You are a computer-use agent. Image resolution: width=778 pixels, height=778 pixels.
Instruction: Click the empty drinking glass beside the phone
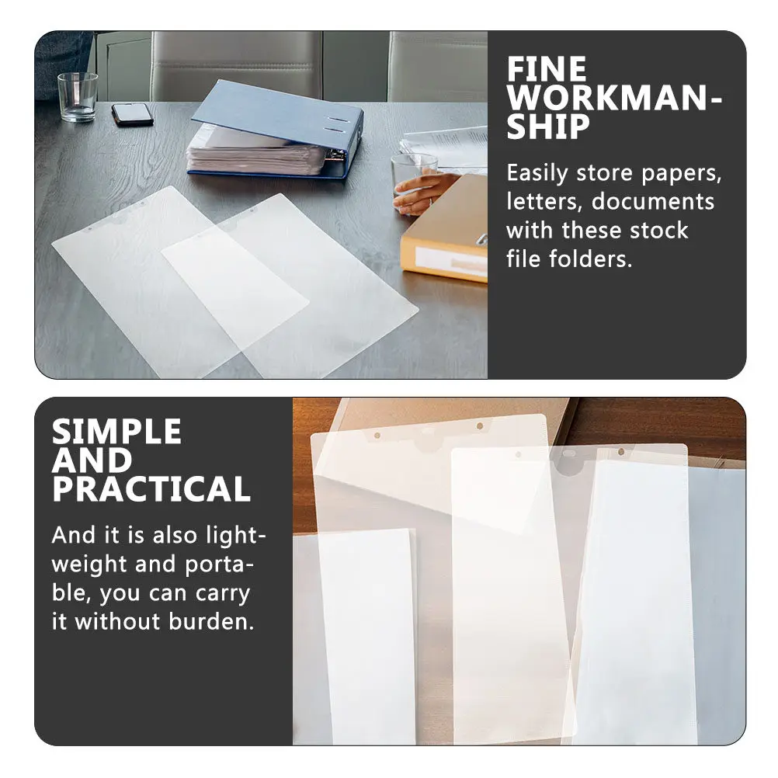click(x=78, y=97)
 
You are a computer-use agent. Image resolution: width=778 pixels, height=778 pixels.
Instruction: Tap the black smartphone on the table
click(x=133, y=114)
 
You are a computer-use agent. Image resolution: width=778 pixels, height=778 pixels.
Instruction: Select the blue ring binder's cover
click(x=277, y=115)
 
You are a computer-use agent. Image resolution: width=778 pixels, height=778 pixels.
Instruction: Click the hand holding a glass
click(x=422, y=193)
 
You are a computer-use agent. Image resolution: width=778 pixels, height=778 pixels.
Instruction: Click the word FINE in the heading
click(x=547, y=69)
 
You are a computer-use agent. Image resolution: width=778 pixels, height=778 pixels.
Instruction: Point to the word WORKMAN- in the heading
click(x=614, y=99)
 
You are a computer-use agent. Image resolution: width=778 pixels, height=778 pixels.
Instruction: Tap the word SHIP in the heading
click(x=547, y=127)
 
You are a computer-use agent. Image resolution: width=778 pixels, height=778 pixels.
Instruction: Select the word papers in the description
click(x=681, y=174)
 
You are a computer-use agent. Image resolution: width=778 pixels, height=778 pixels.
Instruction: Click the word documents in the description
click(x=652, y=202)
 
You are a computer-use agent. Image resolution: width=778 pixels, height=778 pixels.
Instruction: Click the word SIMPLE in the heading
click(x=116, y=431)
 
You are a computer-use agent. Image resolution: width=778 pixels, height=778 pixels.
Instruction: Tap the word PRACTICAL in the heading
click(x=151, y=488)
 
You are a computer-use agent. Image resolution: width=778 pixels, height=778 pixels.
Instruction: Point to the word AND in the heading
click(x=92, y=460)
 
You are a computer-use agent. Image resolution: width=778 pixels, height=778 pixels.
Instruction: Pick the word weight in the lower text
click(x=89, y=565)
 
